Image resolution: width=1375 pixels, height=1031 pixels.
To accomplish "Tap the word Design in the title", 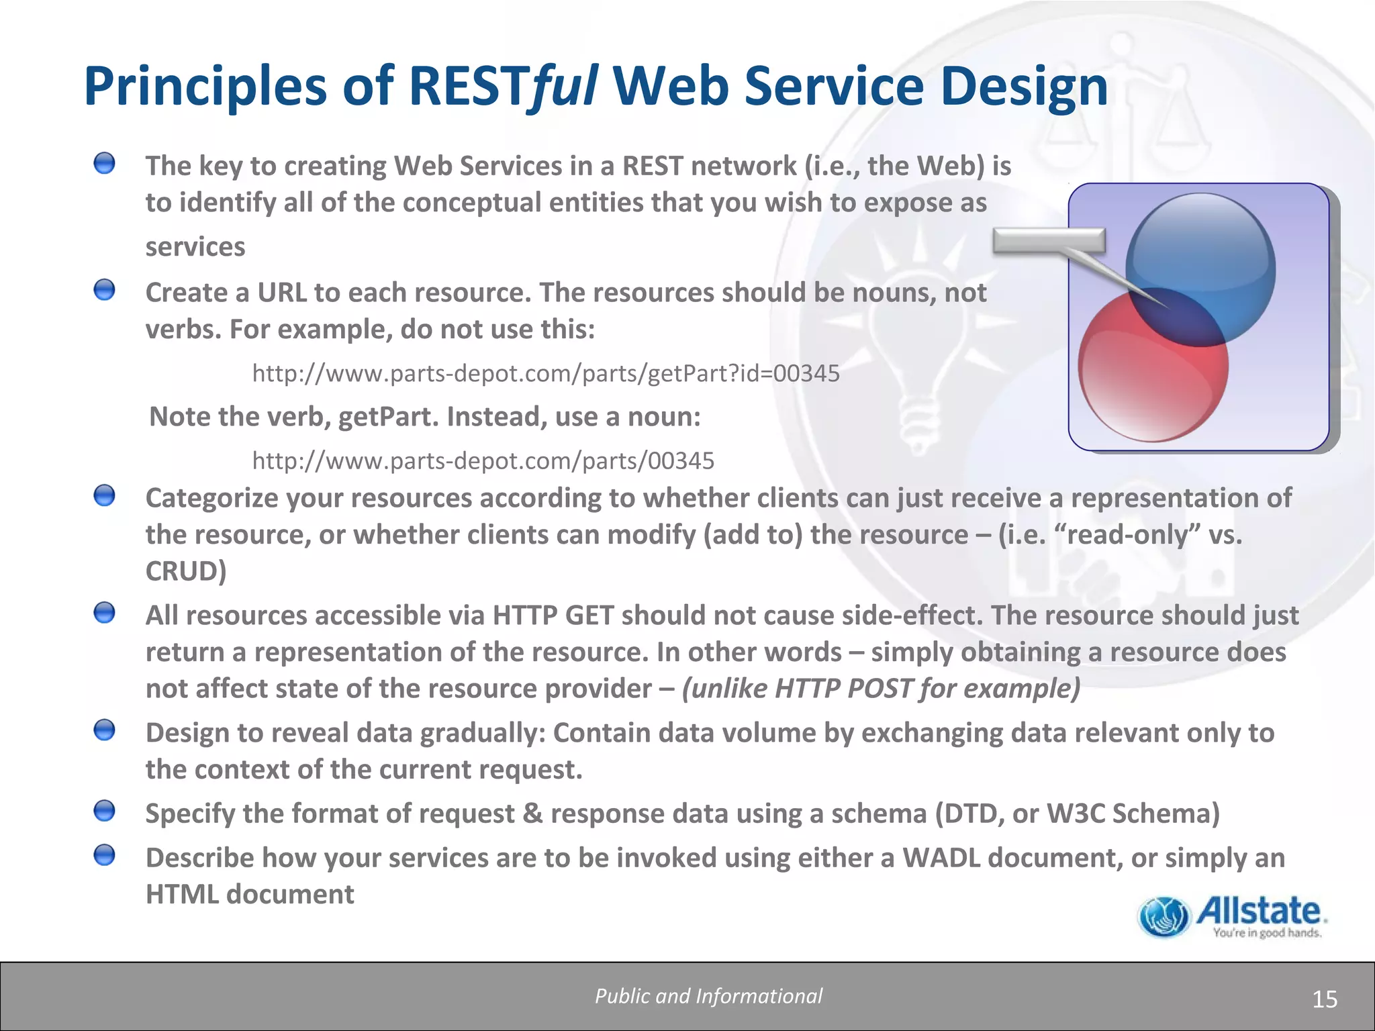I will pos(1023,86).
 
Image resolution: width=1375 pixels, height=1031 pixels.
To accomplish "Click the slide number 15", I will pos(1325,999).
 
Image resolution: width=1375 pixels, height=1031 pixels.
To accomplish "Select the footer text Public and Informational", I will pos(708,996).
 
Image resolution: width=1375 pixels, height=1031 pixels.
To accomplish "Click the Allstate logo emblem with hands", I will pos(1163,917).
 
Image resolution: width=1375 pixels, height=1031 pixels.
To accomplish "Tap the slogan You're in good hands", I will pos(1267,932).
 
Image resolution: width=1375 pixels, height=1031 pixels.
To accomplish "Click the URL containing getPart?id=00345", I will pos(545,373).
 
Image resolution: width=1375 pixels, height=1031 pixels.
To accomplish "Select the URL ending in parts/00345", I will pos(483,460).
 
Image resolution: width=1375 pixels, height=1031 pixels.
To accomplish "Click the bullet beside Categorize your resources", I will pos(104,496).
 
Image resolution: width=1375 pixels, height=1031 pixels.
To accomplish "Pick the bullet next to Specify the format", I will pos(104,812).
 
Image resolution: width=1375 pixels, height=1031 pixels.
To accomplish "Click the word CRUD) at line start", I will pos(186,571).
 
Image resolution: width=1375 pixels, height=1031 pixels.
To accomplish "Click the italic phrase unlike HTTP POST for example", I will pos(881,689).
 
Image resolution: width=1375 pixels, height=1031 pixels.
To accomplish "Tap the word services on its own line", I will pos(195,247).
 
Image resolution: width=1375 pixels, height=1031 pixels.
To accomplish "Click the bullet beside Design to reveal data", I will pos(104,730).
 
